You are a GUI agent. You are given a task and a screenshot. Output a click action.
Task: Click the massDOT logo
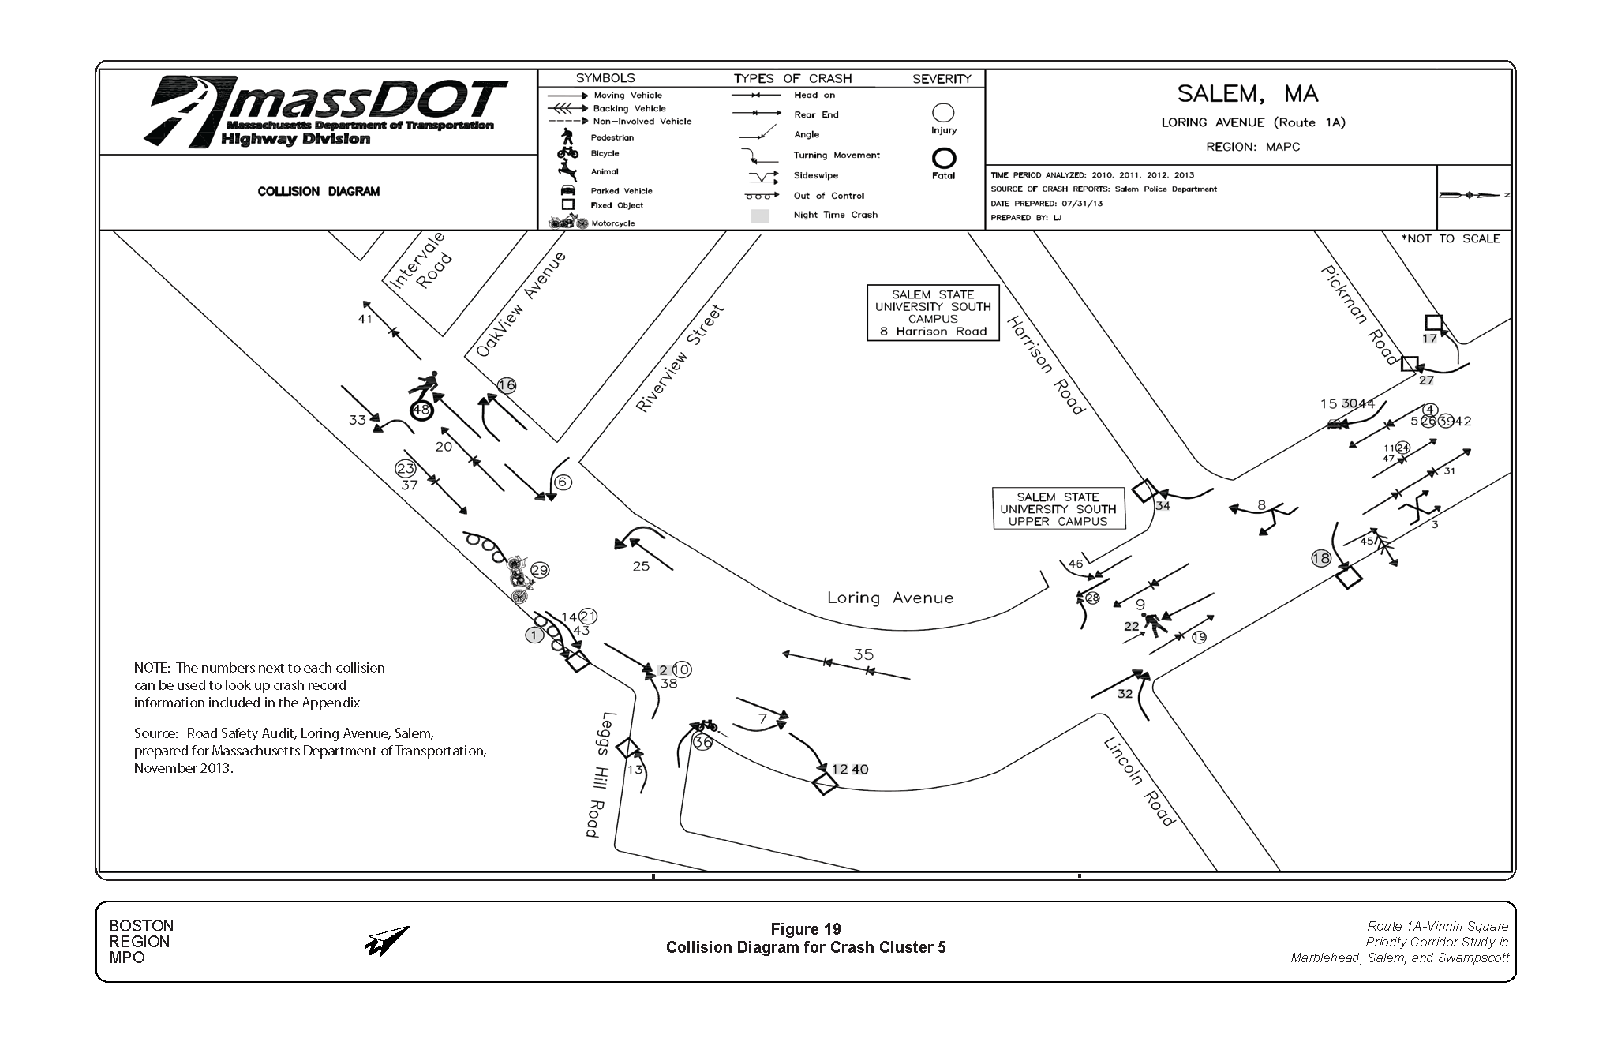pos(324,112)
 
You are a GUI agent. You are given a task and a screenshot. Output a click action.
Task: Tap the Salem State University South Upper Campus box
pos(1058,509)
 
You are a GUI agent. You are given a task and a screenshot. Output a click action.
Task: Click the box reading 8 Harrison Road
pos(932,313)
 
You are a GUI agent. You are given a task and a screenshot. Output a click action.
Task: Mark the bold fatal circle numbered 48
pos(421,410)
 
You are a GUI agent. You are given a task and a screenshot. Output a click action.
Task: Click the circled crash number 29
pos(539,570)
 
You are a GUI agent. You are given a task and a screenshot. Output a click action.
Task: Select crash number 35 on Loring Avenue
pos(863,654)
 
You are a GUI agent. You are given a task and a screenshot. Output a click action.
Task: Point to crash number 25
pos(641,566)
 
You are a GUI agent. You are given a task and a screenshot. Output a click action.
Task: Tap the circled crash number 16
pos(506,385)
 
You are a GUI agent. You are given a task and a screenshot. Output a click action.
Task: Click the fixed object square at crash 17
pos(1433,322)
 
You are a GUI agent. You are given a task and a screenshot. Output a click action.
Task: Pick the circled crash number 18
pos(1320,558)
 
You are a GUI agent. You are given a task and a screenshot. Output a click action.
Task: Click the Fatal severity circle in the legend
pos(944,159)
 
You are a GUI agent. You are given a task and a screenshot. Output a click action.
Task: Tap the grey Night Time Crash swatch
pos(759,216)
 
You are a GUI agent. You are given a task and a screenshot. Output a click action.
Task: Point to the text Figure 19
pos(805,929)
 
